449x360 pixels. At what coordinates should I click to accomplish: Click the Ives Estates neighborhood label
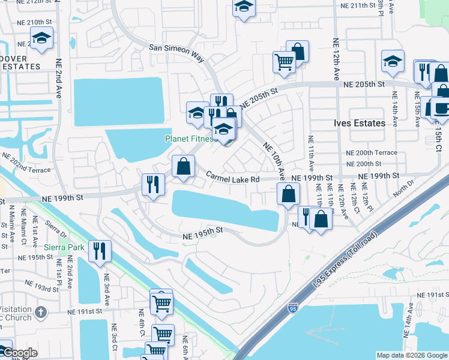359,123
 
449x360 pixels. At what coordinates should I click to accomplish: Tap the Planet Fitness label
191,139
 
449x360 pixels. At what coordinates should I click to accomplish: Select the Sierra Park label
64,247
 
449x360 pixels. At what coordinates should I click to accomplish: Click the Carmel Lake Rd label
233,178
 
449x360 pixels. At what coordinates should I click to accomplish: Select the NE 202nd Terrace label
26,162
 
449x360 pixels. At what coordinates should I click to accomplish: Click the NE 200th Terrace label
372,152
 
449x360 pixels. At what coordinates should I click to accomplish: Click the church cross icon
40,312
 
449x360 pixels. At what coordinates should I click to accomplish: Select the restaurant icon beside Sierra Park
98,250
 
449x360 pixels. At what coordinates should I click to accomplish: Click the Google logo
19,353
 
